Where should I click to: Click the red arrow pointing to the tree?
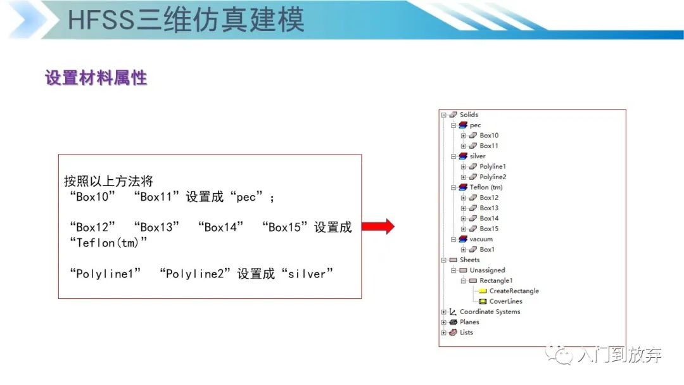click(377, 227)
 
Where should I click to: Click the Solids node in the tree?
click(469, 115)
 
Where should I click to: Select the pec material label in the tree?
click(475, 125)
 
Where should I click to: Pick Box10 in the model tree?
click(489, 136)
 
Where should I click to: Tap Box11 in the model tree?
click(489, 146)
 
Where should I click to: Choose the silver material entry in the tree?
click(478, 156)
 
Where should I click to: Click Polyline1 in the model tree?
click(493, 167)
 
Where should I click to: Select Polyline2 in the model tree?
click(493, 177)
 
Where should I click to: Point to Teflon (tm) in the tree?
click(486, 187)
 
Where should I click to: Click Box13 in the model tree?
click(489, 208)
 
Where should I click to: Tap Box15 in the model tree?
click(489, 229)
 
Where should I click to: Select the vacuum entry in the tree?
click(481, 239)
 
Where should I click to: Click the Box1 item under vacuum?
click(487, 250)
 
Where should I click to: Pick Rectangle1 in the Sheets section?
click(496, 281)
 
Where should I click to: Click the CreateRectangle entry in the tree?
click(514, 291)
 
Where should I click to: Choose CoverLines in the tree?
click(505, 301)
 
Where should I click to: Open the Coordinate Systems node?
click(490, 312)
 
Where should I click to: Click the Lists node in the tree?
click(466, 332)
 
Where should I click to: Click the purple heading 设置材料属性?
click(96, 79)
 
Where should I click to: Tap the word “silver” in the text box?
click(307, 274)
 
